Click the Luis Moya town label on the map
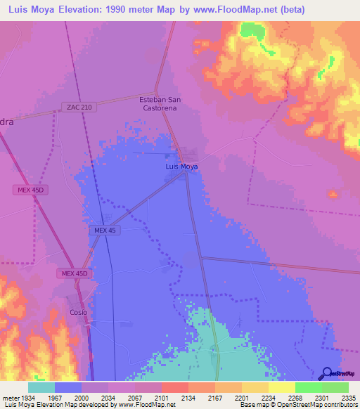pos(181,167)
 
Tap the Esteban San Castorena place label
pos(160,104)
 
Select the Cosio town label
pos(78,312)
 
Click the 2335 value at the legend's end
pos(349,398)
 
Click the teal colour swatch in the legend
pos(41,387)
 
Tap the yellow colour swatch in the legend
pos(282,387)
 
